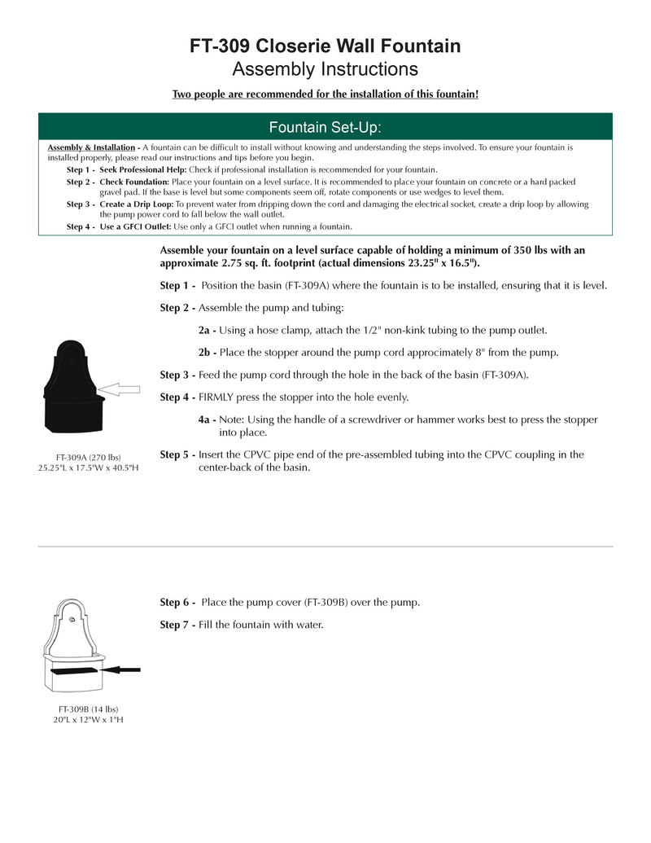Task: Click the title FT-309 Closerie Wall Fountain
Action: tap(325, 46)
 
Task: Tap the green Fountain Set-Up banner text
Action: tap(325, 127)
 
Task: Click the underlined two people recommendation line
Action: tap(325, 94)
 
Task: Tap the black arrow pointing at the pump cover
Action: tap(123, 670)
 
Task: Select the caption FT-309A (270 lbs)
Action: tap(88, 457)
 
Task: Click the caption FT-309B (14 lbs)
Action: tap(88, 709)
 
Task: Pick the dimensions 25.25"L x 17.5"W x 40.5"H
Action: tap(88, 468)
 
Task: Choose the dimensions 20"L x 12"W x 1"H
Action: tap(88, 719)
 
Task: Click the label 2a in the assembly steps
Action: tap(207, 331)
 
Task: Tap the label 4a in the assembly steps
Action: tap(207, 419)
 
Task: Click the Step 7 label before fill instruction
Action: tap(177, 625)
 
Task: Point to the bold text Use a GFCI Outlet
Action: tap(135, 226)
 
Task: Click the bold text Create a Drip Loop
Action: tap(136, 204)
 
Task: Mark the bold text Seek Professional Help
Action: tap(143, 169)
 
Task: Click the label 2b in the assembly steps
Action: tap(207, 353)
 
